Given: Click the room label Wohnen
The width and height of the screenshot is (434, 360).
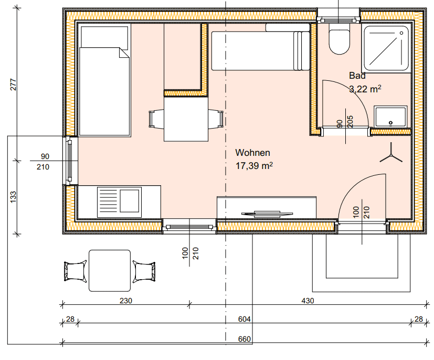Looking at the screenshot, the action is point(252,153).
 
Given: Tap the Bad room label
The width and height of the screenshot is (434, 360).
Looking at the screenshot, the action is point(357,76).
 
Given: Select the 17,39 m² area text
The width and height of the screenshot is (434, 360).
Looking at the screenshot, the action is point(254,166).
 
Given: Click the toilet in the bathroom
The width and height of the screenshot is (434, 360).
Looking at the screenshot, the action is point(340,39).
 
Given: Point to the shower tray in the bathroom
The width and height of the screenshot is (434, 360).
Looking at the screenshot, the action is point(386,49).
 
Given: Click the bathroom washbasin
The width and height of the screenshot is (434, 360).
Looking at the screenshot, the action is point(390,117).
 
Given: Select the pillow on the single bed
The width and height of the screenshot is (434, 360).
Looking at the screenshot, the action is point(104,37).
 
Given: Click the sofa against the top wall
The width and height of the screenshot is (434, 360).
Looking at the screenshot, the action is point(260,47).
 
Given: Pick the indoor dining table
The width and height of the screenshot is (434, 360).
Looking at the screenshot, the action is point(186,119).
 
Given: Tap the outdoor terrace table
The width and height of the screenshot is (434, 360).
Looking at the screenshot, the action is point(110,271).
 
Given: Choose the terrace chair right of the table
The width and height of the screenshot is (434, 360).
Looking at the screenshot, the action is point(144,271).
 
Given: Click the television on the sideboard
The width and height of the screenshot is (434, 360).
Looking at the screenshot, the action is point(267,214).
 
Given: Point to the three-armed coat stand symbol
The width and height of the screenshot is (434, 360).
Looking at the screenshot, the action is point(391,154).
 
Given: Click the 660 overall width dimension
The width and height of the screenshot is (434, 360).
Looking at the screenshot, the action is point(245,339).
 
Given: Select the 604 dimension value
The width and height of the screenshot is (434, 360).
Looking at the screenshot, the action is point(245,319).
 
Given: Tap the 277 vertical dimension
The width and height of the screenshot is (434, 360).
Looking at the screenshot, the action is point(13,84).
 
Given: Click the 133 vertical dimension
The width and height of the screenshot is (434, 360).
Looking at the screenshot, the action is point(13,197).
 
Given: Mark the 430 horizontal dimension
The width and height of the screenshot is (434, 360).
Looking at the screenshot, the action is point(308,301).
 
